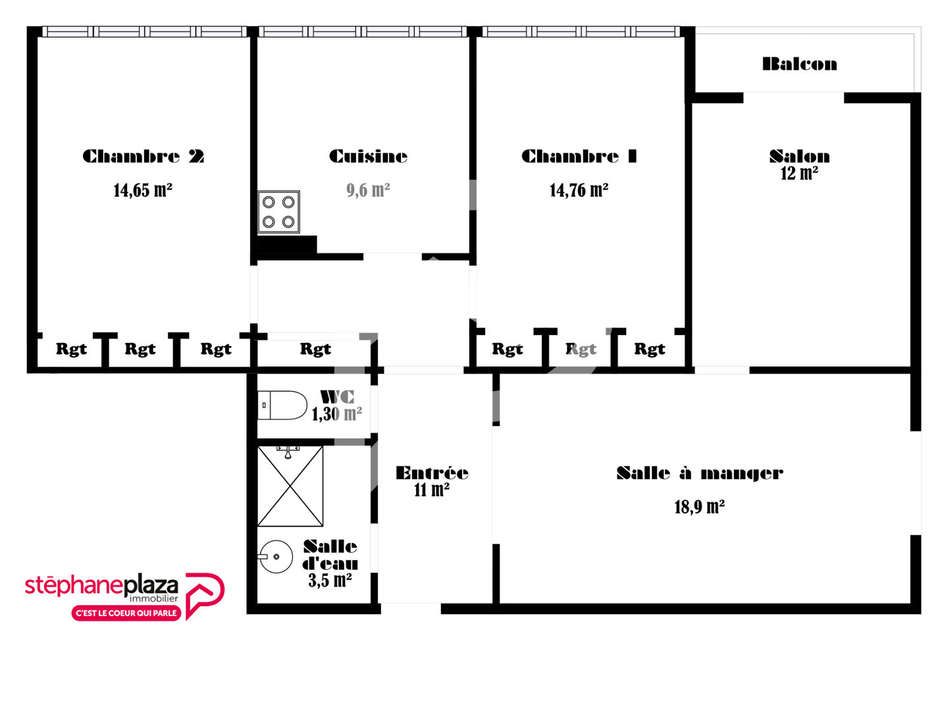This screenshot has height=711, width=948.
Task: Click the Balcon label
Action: click(799, 65)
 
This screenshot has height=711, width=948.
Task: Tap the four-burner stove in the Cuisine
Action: click(278, 212)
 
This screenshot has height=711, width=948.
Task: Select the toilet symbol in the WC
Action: click(282, 405)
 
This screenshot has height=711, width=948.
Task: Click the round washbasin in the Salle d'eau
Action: click(275, 556)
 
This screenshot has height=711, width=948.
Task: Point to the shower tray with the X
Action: click(290, 486)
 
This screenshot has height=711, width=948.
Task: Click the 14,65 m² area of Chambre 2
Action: click(143, 190)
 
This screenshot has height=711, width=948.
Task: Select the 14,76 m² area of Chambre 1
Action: click(579, 190)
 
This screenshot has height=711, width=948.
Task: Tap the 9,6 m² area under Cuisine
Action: click(368, 190)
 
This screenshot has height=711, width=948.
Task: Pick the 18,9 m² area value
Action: click(699, 507)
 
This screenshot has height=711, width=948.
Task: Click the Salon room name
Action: click(799, 156)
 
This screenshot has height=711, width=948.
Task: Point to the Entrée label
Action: click(432, 473)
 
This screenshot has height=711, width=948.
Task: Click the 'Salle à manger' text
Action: click(700, 473)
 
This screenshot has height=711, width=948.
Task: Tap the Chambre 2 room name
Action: click(143, 156)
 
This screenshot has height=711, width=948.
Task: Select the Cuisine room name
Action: click(368, 156)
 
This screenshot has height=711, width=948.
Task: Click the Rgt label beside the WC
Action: click(315, 349)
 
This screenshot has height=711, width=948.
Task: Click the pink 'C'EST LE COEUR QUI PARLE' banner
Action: click(126, 613)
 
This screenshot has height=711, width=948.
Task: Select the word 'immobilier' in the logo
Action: click(154, 599)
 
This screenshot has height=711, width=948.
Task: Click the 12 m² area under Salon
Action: click(799, 174)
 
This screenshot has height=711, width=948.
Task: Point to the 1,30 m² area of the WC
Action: click(337, 414)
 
